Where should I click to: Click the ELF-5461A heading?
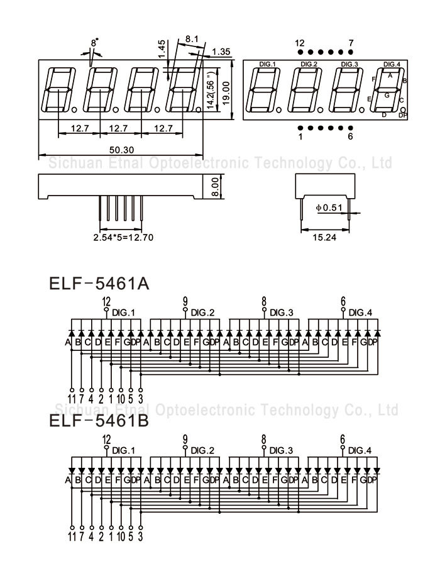point(99,284)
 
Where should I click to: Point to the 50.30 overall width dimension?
point(120,149)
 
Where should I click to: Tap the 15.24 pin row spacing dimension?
point(323,237)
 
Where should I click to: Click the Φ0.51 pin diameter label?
point(329,207)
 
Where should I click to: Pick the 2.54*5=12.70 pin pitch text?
point(123,238)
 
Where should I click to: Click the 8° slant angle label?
point(95,43)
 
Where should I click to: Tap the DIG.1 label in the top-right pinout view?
point(268,64)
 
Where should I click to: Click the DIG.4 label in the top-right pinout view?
point(392,64)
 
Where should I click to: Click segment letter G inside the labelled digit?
point(387,95)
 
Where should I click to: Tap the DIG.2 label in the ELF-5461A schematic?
point(202,313)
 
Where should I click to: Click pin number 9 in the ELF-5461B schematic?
point(185,440)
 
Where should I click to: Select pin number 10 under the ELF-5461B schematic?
point(120,536)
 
